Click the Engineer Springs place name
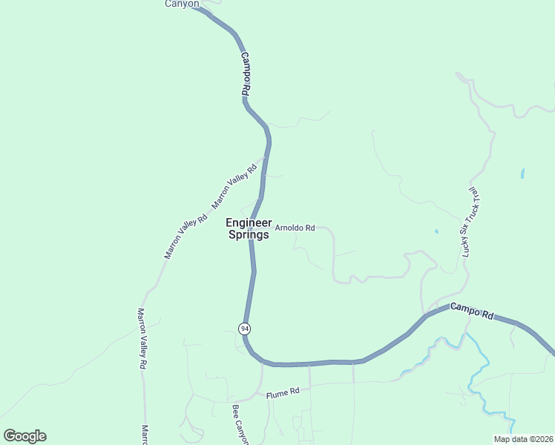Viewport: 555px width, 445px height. tap(249, 228)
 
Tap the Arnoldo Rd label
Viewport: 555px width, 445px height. tap(295, 228)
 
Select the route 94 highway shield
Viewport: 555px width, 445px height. tap(245, 328)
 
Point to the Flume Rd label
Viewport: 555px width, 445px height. tap(283, 392)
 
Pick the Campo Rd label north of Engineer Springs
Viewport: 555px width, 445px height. tap(246, 72)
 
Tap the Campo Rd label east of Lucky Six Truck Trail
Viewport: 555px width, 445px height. tap(472, 311)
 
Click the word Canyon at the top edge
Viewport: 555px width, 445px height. tap(182, 4)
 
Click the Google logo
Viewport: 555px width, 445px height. tap(24, 436)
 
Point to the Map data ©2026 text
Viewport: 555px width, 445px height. tap(523, 439)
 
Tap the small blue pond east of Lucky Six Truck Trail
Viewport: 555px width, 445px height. tap(522, 174)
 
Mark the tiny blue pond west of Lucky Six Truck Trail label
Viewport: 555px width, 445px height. tap(436, 231)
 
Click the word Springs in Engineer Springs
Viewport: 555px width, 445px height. tap(249, 235)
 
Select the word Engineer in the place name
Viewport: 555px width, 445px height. tap(249, 222)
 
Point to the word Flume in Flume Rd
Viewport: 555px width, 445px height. tap(277, 393)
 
